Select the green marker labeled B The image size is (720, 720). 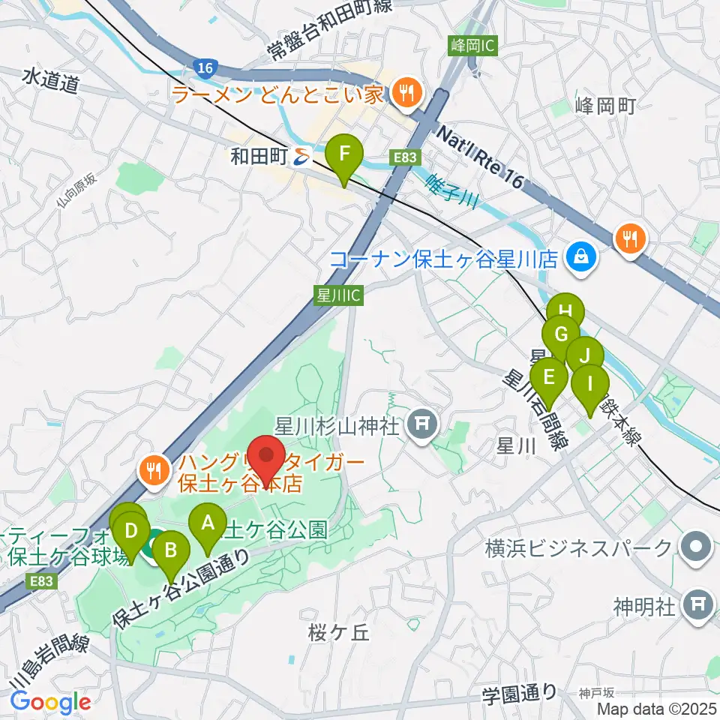click(170, 551)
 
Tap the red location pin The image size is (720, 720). click(266, 452)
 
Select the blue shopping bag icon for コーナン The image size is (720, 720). click(582, 259)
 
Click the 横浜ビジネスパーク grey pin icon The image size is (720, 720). click(697, 547)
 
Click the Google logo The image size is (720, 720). click(50, 702)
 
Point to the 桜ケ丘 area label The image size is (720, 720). click(339, 633)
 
